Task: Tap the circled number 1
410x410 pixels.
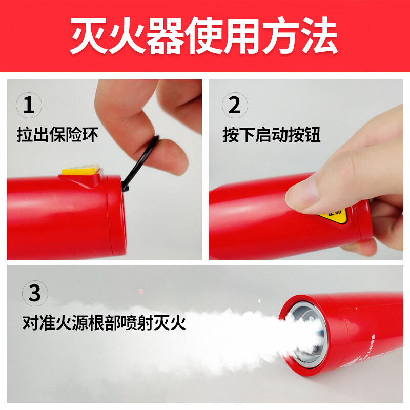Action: (29, 106)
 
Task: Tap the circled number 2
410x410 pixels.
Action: (234, 106)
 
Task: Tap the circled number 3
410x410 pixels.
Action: (34, 294)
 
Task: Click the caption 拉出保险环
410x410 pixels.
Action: (57, 135)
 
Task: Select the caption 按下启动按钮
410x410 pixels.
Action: (271, 135)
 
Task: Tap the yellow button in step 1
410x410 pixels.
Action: (80, 170)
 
